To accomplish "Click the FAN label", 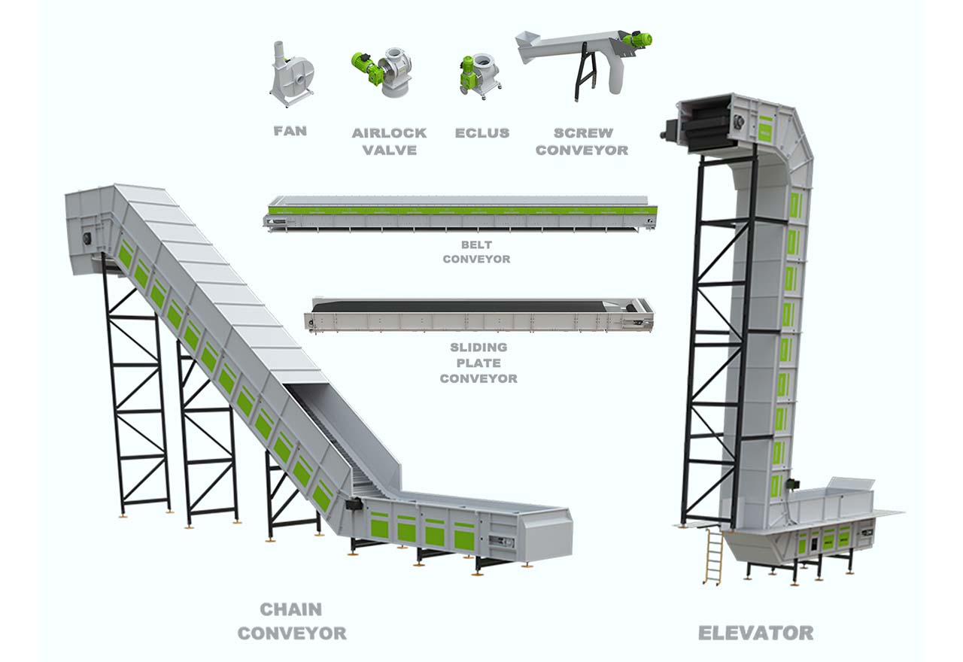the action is coord(290,131).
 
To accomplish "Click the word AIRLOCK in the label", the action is coord(389,133).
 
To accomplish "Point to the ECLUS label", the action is coord(482,133).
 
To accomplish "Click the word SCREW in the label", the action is coord(583,133).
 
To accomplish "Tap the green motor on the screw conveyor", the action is coord(637,40).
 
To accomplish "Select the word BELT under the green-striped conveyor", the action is coord(476,245).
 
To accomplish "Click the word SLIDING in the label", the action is coord(478,348).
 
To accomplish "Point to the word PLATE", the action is coord(478,363).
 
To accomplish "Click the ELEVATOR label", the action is coord(756,633).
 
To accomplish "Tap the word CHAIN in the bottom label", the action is coord(291,609).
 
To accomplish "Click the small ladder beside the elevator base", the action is coord(712,557).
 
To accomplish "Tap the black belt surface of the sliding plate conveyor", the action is coord(464,306).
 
